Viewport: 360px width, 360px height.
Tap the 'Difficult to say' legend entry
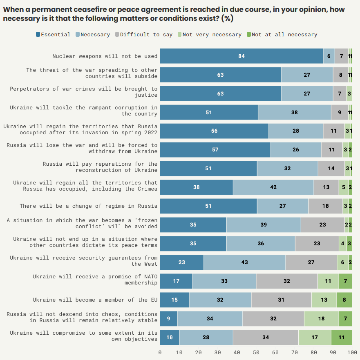pos(143,35)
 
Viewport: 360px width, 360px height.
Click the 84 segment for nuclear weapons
pos(241,56)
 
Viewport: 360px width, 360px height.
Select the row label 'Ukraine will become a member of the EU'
pos(95,300)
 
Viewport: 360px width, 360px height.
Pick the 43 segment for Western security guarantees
pos(244,262)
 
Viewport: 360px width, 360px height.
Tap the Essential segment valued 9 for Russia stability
pos(169,319)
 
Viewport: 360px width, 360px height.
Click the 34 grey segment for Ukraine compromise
pos(266,338)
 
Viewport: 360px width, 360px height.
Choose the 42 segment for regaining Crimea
pos(273,187)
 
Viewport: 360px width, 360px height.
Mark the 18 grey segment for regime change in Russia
pos(326,206)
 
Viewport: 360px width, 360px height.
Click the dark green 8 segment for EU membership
pos(344,300)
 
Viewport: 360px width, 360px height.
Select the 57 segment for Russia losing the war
pos(215,150)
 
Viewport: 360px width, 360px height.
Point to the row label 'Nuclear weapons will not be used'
pos(105,56)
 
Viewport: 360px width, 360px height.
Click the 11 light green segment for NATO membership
pos(328,281)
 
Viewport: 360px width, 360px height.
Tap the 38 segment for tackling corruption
pos(294,112)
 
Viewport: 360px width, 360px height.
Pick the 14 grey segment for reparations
pos(331,169)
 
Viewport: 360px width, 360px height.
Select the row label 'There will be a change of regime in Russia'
pos(89,206)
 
